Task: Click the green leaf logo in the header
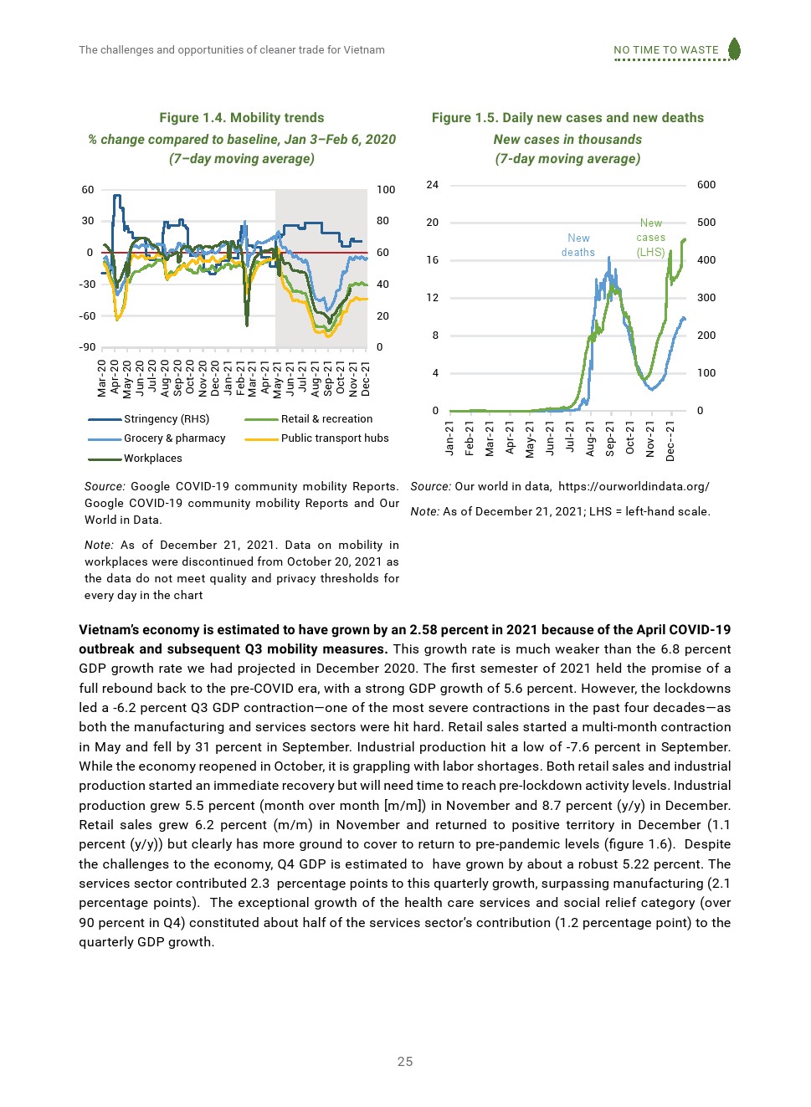(734, 49)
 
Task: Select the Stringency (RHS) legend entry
(166, 419)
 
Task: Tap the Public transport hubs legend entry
(334, 438)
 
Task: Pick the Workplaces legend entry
(152, 459)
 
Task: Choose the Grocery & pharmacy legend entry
(174, 438)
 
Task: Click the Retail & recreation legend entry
(326, 419)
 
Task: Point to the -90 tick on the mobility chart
(87, 347)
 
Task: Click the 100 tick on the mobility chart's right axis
(386, 190)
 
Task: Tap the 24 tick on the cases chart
(432, 185)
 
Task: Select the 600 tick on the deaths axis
(706, 185)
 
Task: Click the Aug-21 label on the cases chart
(590, 438)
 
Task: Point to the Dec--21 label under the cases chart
(670, 441)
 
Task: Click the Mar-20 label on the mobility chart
(102, 377)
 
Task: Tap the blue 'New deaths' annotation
(578, 245)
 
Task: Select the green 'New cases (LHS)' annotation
(651, 238)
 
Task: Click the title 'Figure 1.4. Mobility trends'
(242, 118)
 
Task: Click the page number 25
(405, 1062)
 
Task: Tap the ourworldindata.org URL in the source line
(634, 487)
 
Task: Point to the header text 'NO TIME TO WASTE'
(666, 50)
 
